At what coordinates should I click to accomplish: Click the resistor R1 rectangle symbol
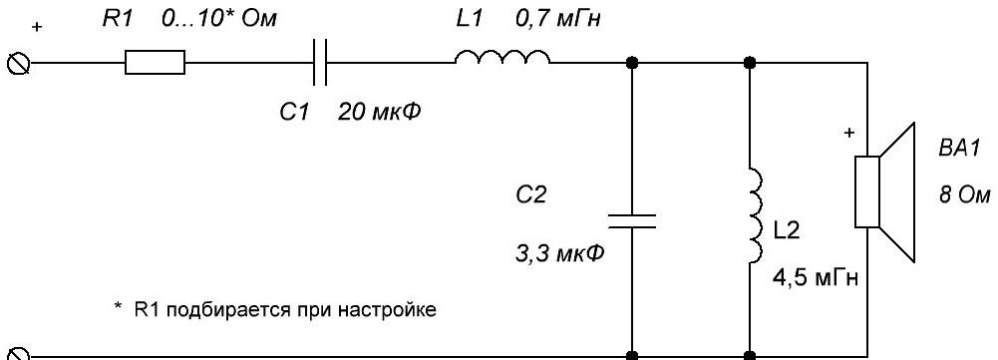(x=155, y=63)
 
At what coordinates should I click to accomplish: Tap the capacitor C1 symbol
(x=320, y=63)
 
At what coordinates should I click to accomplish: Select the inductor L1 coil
(x=502, y=58)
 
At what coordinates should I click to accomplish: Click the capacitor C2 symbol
(x=631, y=221)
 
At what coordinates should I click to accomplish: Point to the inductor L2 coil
(x=756, y=215)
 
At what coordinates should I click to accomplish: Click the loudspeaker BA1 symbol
(x=884, y=191)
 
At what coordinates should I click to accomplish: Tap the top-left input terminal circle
(x=17, y=63)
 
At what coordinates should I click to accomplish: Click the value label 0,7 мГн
(x=557, y=20)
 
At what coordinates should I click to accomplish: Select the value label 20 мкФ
(x=378, y=113)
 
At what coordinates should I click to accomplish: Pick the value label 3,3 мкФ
(x=559, y=254)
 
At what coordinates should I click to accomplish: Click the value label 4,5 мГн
(x=815, y=279)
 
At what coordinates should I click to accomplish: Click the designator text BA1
(x=958, y=150)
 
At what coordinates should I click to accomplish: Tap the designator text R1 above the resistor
(x=118, y=19)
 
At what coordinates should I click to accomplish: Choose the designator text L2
(x=786, y=232)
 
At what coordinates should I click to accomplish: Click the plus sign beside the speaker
(x=848, y=134)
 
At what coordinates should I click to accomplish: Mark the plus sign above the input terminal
(x=37, y=28)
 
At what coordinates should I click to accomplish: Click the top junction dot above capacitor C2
(x=631, y=63)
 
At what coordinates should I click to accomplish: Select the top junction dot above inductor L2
(x=750, y=63)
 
